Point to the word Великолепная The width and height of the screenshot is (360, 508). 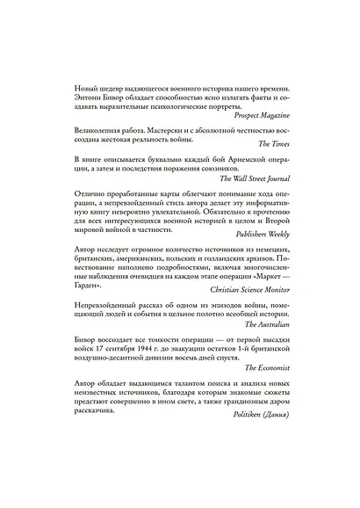pyautogui.click(x=86, y=129)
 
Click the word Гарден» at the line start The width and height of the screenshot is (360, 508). pyautogui.click(x=71, y=284)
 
